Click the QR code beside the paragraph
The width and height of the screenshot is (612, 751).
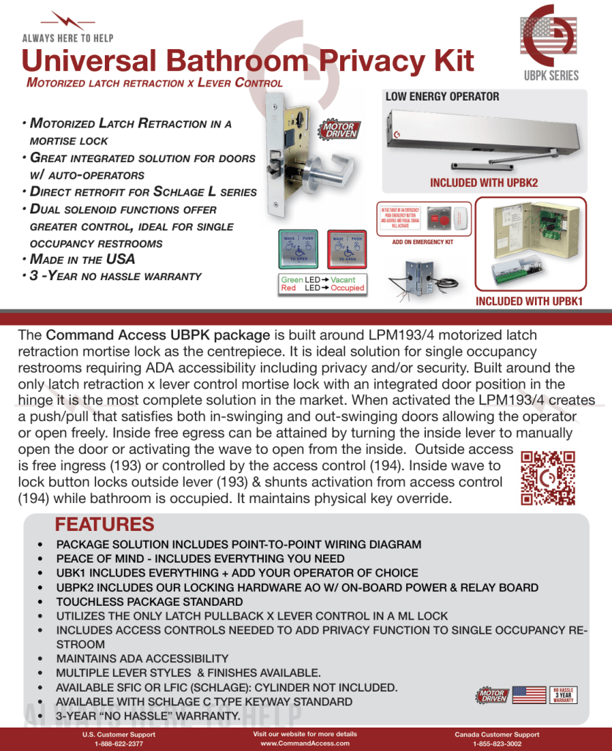[547, 478]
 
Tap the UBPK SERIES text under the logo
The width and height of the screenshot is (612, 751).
[551, 76]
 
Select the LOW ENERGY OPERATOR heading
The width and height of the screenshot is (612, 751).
[442, 97]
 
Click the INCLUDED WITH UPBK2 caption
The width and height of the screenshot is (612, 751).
[484, 183]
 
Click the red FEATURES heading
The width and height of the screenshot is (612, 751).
[105, 525]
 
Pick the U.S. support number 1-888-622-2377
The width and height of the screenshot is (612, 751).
[119, 744]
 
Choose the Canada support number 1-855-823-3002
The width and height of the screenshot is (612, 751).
[497, 744]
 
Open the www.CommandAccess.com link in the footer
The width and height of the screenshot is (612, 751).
[305, 743]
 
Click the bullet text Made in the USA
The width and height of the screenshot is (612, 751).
[82, 260]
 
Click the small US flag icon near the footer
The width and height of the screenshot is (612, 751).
[528, 695]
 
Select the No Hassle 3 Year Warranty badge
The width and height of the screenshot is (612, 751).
[563, 695]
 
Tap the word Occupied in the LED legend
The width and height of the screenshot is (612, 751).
[347, 288]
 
